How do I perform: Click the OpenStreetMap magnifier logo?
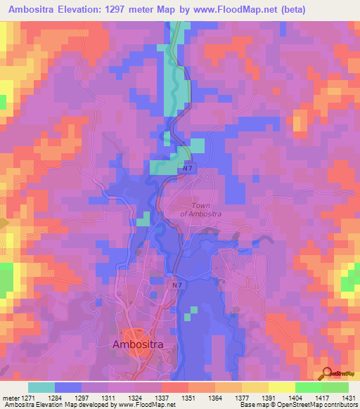326,373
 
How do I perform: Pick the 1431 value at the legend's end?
345,397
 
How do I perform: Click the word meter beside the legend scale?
9,397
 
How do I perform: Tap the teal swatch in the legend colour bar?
41,387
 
